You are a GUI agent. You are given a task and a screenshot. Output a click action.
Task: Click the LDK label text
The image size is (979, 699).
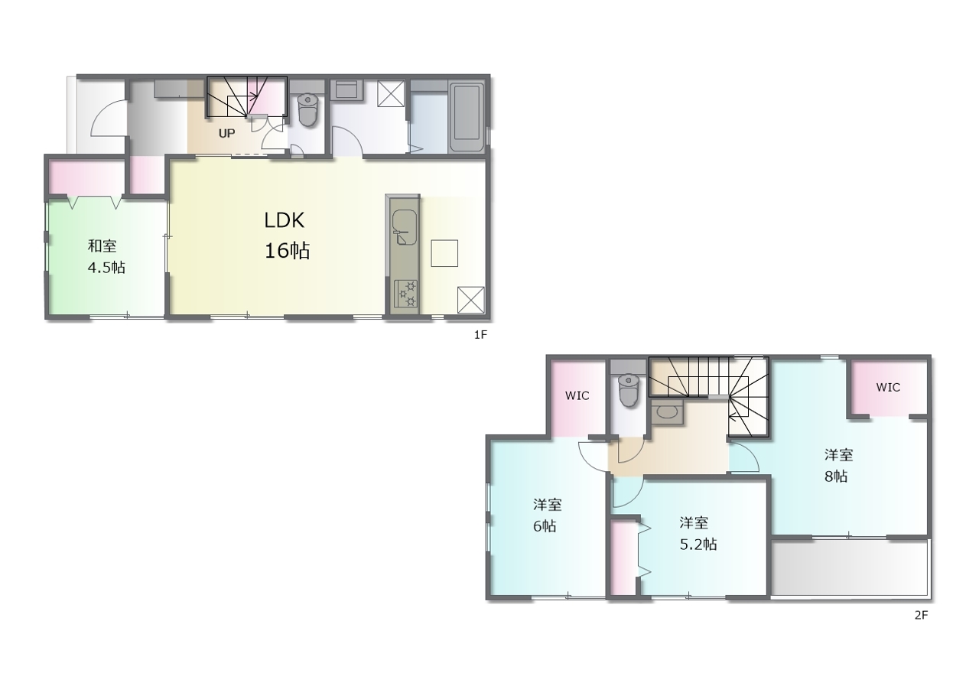284,220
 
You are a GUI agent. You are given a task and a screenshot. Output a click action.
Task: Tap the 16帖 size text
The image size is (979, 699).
287,251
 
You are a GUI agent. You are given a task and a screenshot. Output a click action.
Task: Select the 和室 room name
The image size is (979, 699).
102,246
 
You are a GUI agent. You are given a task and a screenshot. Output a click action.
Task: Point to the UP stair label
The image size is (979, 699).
226,133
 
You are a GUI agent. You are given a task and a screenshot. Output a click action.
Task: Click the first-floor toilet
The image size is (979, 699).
308,109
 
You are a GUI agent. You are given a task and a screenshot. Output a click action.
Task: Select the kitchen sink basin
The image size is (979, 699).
404,226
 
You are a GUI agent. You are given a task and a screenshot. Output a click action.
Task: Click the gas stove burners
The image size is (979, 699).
406,294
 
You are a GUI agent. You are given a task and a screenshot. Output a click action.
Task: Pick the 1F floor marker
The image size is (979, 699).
480,335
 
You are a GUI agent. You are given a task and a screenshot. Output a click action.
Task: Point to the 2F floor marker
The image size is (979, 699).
921,615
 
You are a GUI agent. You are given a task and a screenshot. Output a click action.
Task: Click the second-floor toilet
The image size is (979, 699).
629,390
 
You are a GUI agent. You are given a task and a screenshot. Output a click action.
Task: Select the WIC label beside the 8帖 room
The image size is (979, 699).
888,387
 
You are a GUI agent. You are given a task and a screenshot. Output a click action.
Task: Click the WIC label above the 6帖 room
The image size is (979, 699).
577,395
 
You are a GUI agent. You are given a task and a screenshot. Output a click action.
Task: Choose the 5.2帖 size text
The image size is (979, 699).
698,545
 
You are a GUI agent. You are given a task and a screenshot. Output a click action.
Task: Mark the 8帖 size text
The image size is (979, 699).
836,476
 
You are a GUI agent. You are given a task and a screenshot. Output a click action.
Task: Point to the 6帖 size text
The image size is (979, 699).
545,526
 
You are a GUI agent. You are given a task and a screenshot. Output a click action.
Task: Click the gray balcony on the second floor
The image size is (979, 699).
849,568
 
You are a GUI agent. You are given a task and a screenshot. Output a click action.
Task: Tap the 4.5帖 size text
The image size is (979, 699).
106,268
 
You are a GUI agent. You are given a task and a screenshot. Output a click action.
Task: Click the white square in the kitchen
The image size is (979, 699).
444,253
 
